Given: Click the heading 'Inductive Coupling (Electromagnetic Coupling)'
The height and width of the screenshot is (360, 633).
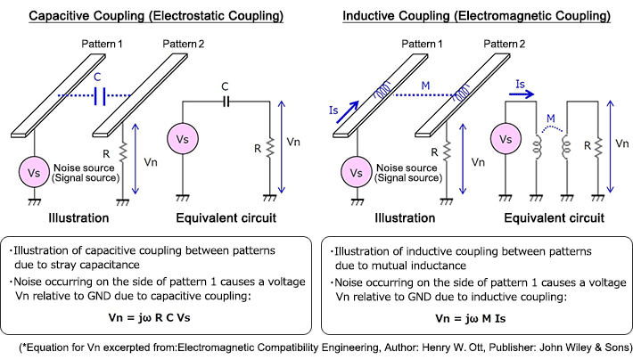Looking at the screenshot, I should tap(477, 15).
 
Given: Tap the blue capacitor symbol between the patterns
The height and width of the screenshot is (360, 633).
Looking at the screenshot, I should tap(100, 94).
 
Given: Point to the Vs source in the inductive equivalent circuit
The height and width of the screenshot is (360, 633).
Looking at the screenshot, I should tap(505, 141).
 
